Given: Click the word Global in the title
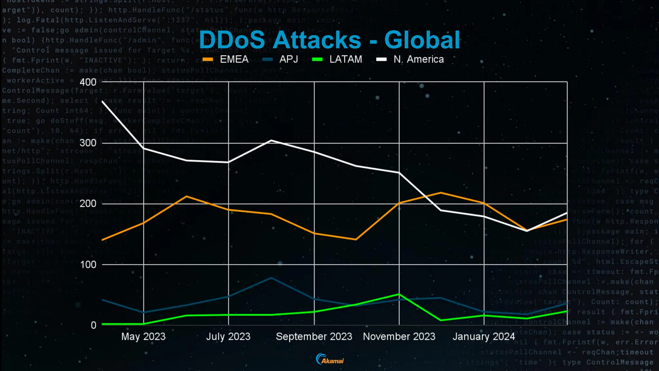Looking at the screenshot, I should coord(422,40).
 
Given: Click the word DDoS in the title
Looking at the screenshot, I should coord(232,40).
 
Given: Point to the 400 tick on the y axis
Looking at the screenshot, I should coord(88,82).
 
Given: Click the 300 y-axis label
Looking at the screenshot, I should coord(88,143).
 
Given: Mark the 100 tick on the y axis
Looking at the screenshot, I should coord(88,264).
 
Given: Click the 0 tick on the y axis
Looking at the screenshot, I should coord(93,325).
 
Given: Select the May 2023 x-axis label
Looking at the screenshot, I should coord(143,337).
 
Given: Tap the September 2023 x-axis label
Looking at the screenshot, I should coord(314,337).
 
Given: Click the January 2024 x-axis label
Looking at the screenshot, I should coord(484,337).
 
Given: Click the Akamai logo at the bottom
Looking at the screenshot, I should coord(330,359).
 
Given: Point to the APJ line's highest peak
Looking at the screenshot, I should coord(271,278).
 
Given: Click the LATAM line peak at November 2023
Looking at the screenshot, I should coord(399,294).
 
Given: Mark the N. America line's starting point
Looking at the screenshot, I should coord(102,101).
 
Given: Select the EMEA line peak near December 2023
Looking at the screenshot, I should coord(441,193).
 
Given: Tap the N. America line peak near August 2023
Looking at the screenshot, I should coord(271,140).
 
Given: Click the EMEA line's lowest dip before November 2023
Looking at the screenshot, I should coord(356,239).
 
